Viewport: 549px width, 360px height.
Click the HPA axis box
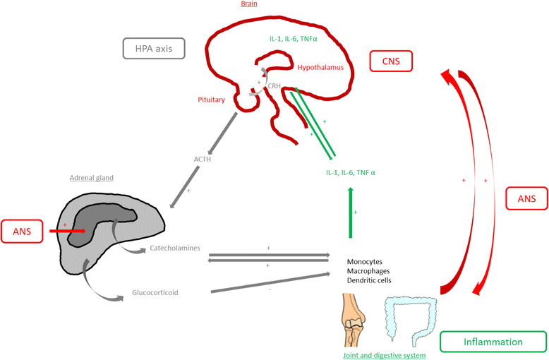click(154, 48)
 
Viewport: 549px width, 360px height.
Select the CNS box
click(391, 61)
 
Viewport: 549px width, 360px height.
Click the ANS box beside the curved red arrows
click(526, 200)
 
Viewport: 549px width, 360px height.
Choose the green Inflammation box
click(493, 342)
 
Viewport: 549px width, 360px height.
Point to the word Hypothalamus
click(320, 68)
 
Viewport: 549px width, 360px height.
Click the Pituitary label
click(211, 100)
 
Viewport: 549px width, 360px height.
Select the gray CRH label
click(274, 85)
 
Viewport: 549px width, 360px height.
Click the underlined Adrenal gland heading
click(92, 178)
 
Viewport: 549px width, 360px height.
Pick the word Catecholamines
click(175, 248)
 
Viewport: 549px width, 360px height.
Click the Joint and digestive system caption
click(384, 355)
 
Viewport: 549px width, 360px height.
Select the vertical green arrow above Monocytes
click(350, 215)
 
